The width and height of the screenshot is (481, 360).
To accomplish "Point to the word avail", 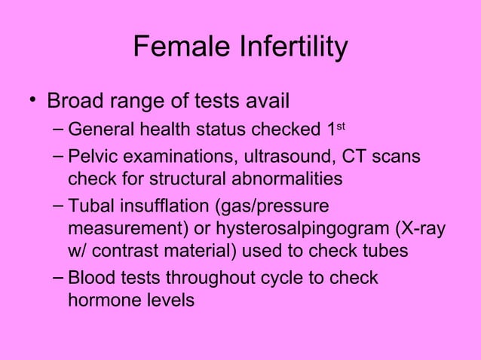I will [265, 101].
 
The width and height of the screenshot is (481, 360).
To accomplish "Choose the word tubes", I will [385, 250].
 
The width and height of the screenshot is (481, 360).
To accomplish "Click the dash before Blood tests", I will [57, 278].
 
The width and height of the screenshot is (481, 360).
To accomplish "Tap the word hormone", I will [103, 300].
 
